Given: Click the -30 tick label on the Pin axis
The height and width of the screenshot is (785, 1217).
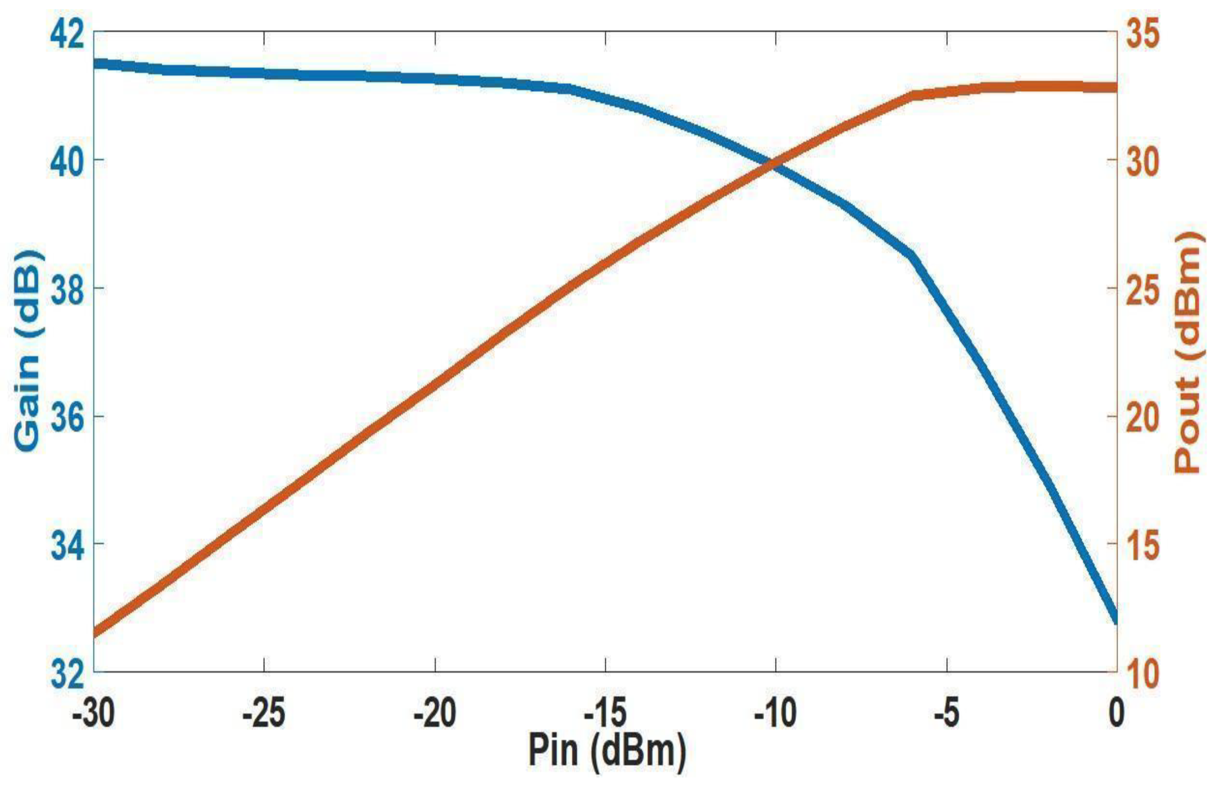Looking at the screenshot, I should (93, 713).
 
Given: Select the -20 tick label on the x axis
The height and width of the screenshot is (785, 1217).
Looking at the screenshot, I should (434, 713).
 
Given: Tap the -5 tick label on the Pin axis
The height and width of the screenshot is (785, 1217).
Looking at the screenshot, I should (946, 713).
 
